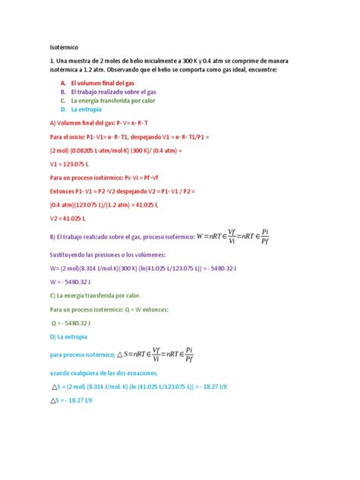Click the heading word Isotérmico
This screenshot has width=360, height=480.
tap(66, 46)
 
